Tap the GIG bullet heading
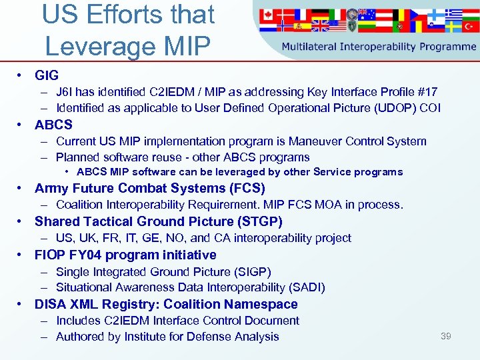coord(47,76)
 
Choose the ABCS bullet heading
coord(53,125)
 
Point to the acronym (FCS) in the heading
coord(247,188)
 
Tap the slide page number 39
coord(445,336)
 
